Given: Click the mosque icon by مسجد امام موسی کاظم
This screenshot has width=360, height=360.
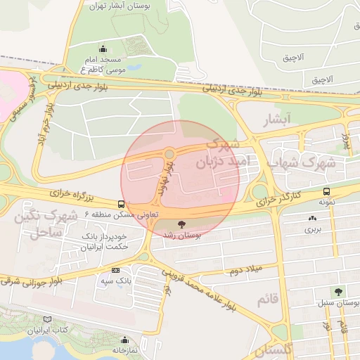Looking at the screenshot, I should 104,49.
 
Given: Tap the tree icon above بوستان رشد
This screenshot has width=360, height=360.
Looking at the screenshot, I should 182,224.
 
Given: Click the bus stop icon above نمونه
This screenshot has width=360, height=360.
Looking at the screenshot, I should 327,191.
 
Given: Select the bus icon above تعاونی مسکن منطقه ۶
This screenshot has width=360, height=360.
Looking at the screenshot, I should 103,203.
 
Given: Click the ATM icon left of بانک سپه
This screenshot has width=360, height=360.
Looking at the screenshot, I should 115,270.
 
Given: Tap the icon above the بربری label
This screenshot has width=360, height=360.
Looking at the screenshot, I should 311,218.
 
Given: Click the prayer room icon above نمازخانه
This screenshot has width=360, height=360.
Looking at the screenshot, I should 125,340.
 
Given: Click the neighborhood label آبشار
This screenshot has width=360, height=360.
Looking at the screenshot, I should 276,121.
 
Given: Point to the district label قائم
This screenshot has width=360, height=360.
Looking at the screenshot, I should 268,300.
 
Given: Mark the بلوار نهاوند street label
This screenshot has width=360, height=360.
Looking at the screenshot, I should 167,176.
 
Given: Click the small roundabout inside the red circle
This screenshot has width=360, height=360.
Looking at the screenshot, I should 169,153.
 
